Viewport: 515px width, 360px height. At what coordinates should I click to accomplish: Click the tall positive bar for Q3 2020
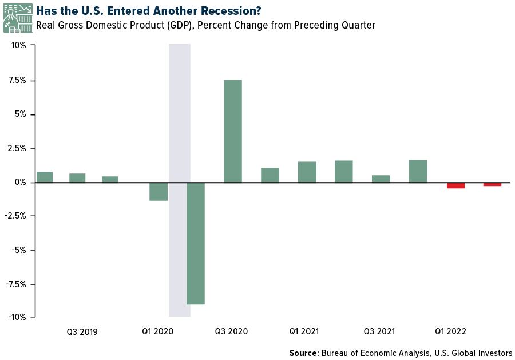(232, 130)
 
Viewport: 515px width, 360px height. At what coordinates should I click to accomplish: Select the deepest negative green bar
(196, 243)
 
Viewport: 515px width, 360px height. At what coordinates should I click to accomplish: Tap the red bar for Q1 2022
(455, 185)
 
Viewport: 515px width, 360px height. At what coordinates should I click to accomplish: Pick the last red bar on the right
(492, 184)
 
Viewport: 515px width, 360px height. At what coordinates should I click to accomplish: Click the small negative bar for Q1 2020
(159, 192)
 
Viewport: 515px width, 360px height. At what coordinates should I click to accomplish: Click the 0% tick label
(20, 182)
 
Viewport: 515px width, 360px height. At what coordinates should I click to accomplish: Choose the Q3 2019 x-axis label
(82, 331)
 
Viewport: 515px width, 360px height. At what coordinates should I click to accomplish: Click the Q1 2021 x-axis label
(304, 331)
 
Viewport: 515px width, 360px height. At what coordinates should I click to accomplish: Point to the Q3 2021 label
(379, 331)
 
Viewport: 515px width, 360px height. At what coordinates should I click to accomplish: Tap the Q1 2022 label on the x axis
(450, 331)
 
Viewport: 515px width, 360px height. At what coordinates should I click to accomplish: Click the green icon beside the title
(17, 18)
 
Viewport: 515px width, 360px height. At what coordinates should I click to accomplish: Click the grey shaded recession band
(179, 114)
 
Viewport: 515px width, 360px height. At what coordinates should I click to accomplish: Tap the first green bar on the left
(45, 177)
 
